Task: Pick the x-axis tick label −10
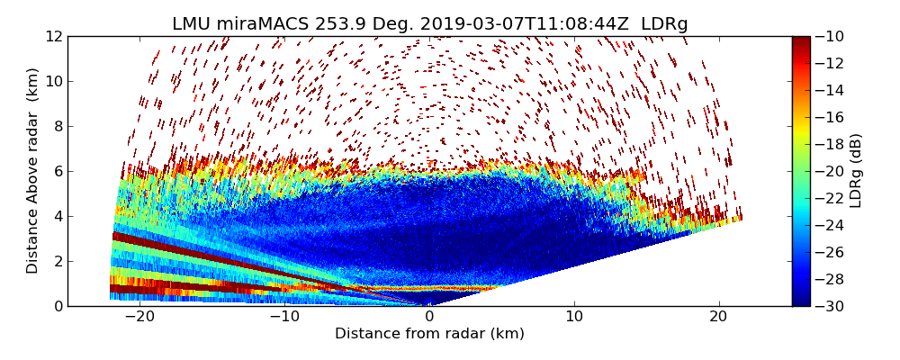point(283,317)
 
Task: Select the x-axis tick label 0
point(429,317)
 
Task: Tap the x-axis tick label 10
point(574,317)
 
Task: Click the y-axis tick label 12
point(55,36)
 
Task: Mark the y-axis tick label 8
point(58,126)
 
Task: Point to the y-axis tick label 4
point(58,216)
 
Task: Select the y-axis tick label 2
point(58,261)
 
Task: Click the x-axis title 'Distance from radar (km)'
point(429,334)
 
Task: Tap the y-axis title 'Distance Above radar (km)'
point(33,171)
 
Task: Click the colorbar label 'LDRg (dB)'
point(856,171)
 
